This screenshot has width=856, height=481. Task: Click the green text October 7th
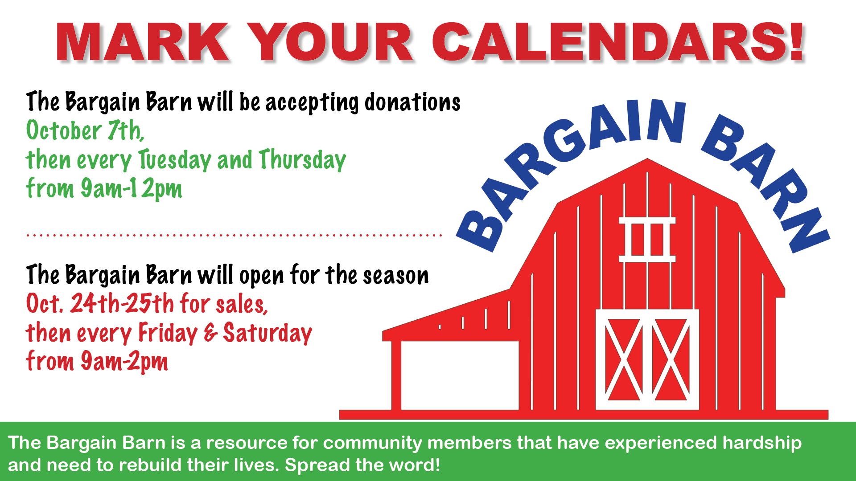coord(85,130)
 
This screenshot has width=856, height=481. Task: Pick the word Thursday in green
coord(302,160)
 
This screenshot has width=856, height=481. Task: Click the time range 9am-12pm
coord(132,188)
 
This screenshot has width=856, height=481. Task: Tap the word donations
coord(412,102)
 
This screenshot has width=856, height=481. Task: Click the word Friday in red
coord(168,333)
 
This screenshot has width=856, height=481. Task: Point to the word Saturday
coord(267,333)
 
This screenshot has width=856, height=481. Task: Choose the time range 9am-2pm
coord(124,361)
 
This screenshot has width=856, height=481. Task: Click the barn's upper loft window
coord(647,239)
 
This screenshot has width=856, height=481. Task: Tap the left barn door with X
coord(623,359)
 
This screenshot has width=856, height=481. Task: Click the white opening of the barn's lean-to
coord(460,375)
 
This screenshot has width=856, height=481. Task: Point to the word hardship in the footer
coord(762,443)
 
